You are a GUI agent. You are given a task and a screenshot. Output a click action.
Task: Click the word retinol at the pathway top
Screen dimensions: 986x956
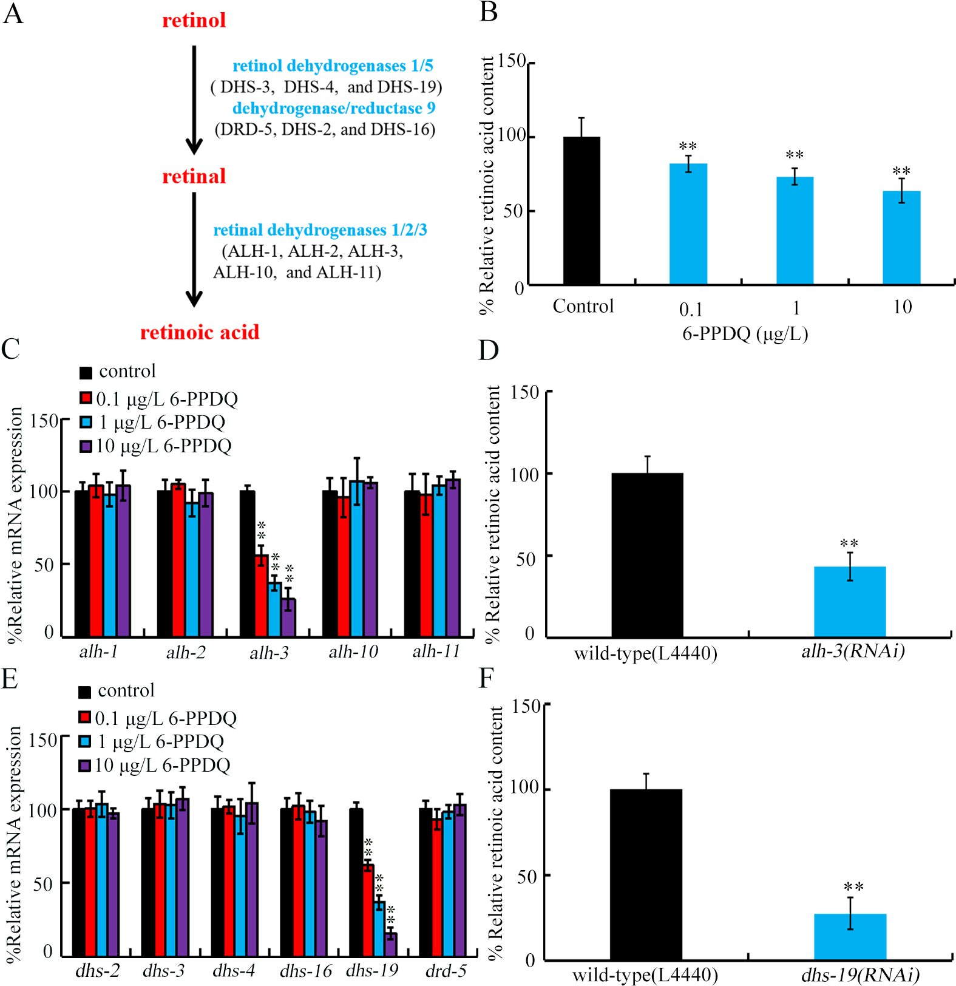click(x=194, y=21)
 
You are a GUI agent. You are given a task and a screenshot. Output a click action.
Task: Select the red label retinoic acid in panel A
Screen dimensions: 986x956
click(x=200, y=332)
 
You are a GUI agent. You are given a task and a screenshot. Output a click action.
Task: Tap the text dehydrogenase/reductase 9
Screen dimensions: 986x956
click(x=334, y=108)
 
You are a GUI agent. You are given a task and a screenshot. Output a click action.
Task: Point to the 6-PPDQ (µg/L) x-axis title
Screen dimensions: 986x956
click(x=745, y=333)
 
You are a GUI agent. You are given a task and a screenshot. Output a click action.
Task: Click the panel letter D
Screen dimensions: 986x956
click(x=489, y=350)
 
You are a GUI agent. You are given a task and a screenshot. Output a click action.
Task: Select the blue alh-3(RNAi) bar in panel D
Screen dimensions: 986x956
click(x=850, y=602)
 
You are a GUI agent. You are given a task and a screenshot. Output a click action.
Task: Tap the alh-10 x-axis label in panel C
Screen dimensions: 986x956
click(x=353, y=652)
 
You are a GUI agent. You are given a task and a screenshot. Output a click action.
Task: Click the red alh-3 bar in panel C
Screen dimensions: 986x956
click(x=262, y=595)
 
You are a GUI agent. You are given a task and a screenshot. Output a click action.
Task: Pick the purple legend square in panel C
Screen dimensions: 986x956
click(x=86, y=446)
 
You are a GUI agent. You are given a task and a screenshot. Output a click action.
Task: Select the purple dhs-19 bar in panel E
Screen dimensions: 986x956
click(x=391, y=944)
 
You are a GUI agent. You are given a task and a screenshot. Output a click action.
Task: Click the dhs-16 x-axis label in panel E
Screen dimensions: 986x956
click(x=306, y=971)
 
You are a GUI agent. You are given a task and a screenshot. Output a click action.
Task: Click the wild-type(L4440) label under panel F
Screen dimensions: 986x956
click(x=645, y=974)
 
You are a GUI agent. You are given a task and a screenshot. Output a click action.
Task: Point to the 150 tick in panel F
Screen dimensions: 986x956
click(x=526, y=706)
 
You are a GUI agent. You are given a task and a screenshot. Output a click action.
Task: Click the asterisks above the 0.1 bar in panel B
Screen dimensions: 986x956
click(x=688, y=146)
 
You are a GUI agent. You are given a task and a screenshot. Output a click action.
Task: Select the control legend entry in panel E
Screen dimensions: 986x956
click(x=117, y=691)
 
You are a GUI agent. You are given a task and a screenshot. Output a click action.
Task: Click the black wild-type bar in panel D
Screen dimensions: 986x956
click(x=647, y=555)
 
